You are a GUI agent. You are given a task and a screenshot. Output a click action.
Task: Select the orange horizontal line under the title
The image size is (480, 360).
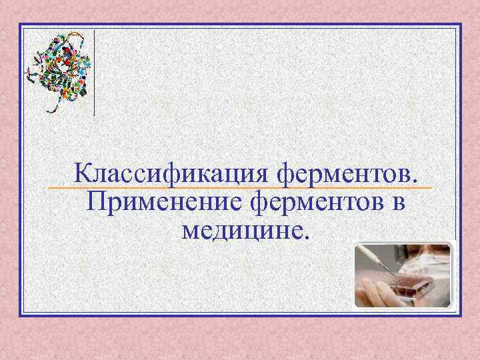240,189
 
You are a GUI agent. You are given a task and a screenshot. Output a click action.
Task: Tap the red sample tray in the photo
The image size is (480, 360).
413,287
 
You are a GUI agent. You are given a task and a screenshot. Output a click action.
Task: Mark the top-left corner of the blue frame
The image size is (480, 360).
21,25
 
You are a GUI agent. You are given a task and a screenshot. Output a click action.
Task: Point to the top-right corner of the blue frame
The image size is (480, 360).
460,25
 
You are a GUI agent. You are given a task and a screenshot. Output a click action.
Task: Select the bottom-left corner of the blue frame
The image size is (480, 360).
21,314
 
